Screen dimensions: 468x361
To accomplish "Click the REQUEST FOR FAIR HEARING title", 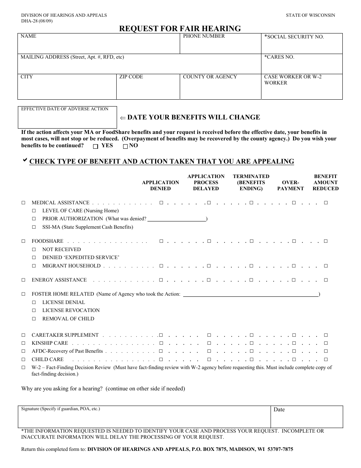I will point(180,29).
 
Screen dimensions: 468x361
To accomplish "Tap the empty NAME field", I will point(99,46).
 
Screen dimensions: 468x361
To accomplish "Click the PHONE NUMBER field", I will point(220,46).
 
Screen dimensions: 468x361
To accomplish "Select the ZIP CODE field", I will point(148,89).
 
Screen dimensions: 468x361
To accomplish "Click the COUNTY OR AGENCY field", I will point(220,89).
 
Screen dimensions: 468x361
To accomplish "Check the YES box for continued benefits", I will point(96,146).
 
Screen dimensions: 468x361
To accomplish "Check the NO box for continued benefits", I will point(125,146).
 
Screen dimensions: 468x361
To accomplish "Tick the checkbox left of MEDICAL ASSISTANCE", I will point(24,203).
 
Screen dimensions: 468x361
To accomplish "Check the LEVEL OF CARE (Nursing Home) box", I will point(34,211).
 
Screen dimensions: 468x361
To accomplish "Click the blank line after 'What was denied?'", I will point(176,219).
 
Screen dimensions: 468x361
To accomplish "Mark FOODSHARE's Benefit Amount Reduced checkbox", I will point(326,241).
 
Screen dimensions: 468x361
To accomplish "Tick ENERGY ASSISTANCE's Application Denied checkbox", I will point(161,280).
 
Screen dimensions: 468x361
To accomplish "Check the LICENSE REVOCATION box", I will point(34,310).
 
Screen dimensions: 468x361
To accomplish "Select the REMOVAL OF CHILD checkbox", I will point(34,319).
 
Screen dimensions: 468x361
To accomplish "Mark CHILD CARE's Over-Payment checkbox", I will point(294,360).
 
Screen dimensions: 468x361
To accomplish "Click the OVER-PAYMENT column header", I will point(290,185).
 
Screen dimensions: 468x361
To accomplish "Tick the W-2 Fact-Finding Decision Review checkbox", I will point(24,368).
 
